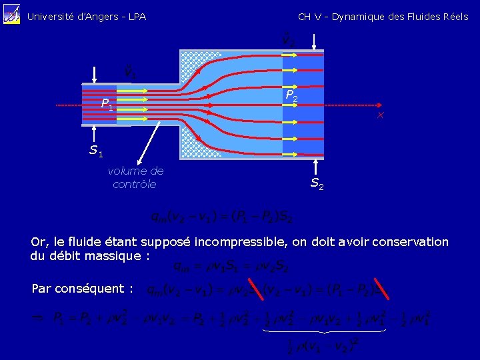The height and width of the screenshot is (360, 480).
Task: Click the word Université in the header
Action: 49,17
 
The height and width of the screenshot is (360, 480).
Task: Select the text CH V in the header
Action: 311,17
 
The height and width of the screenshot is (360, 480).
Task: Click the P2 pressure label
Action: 291,97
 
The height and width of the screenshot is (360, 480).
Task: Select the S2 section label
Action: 317,183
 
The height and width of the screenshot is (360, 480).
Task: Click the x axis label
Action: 380,116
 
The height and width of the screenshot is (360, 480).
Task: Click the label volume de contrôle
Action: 135,177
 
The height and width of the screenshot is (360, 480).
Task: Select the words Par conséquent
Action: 82,289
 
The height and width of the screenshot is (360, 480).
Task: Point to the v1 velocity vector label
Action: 130,70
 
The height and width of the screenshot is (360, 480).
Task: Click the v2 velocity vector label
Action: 289,40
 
